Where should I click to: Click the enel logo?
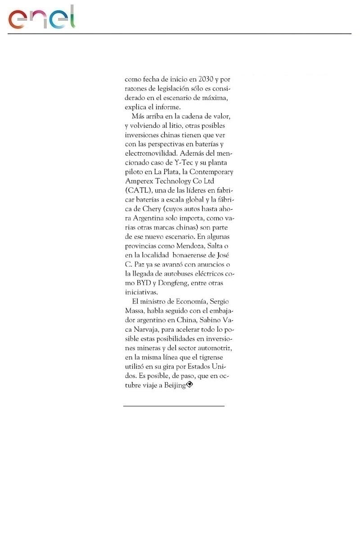[x=41, y=18]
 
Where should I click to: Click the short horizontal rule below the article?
[x=174, y=406]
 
